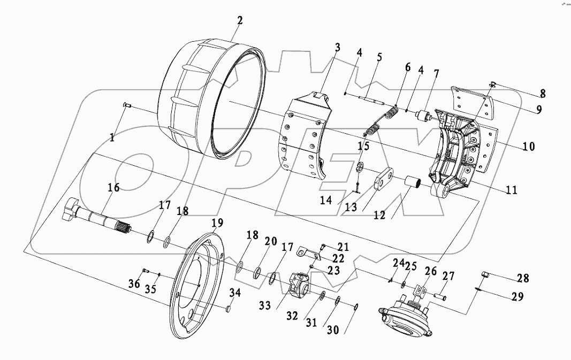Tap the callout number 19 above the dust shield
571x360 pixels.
pyautogui.click(x=217, y=222)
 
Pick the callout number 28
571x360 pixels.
pyautogui.click(x=523, y=278)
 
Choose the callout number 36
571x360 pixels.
pyautogui.click(x=134, y=283)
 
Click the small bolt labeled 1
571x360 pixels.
pyautogui.click(x=126, y=106)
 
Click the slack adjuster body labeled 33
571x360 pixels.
pyautogui.click(x=297, y=285)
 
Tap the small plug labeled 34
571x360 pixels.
pyautogui.click(x=227, y=308)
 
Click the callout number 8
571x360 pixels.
pyautogui.click(x=542, y=93)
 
